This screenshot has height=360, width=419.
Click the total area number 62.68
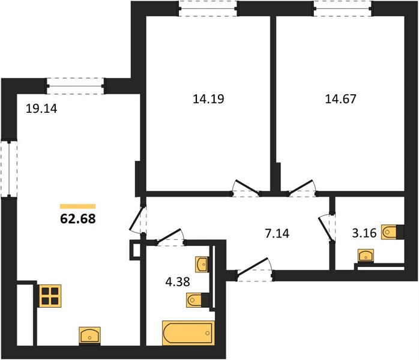tap(78, 219)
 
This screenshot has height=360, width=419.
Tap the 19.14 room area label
tap(41, 109)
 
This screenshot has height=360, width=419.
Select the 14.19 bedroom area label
tap(208, 98)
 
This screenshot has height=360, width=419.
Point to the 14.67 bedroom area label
tap(341, 98)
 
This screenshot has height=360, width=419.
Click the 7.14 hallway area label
tap(277, 233)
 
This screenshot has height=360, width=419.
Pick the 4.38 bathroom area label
tap(178, 281)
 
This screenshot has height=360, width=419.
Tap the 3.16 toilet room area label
tap(364, 233)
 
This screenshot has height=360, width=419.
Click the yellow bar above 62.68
tap(78, 206)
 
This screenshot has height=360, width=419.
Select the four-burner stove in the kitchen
tap(50, 296)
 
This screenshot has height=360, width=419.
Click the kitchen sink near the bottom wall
tap(90, 335)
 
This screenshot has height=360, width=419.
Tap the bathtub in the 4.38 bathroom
tap(188, 333)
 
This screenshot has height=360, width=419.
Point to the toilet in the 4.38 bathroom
tap(197, 300)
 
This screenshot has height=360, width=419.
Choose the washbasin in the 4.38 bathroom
tap(202, 265)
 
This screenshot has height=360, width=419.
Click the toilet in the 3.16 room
tap(392, 232)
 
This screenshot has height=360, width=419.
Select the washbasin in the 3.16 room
tap(366, 256)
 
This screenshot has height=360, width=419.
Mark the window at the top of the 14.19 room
tap(208, 8)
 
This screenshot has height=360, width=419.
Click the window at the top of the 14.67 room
tap(343, 8)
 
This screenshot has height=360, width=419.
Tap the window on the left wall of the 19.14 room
tap(9, 169)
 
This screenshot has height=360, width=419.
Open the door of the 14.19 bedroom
tap(246, 188)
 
